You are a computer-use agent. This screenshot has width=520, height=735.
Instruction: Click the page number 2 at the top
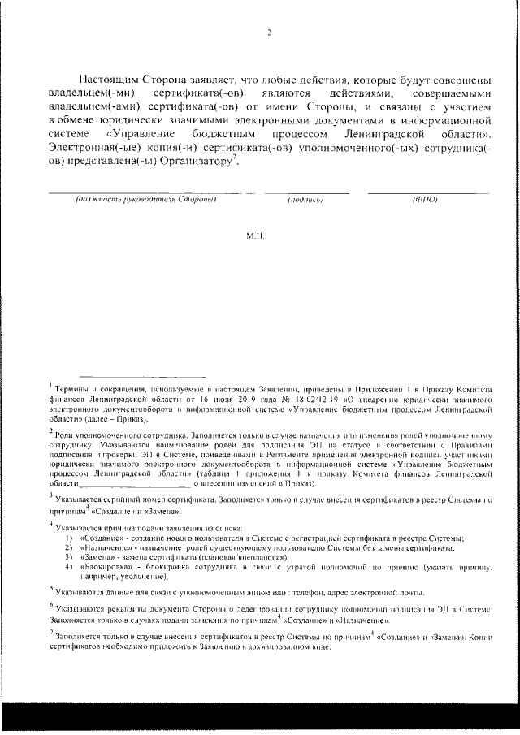(267, 33)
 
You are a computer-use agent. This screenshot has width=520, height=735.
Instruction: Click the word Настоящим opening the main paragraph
(112, 80)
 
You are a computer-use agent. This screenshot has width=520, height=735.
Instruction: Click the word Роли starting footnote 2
(67, 434)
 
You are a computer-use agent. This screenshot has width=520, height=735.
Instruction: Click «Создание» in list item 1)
(99, 539)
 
